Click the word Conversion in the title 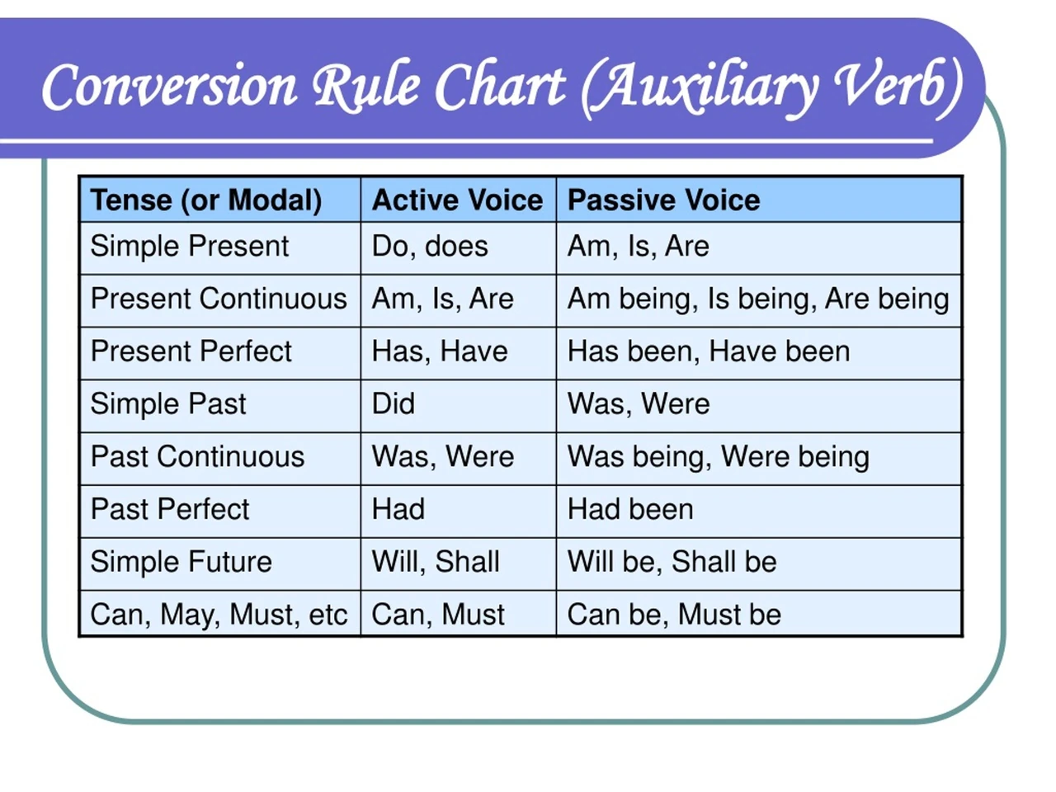pyautogui.click(x=169, y=87)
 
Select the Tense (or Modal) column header pyautogui.click(x=206, y=200)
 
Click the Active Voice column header pyautogui.click(x=457, y=200)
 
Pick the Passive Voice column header pyautogui.click(x=663, y=200)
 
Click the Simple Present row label pyautogui.click(x=190, y=246)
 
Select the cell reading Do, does pyautogui.click(x=430, y=246)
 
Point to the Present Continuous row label pyautogui.click(x=219, y=299)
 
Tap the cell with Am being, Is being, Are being pyautogui.click(x=758, y=299)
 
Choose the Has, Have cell pyautogui.click(x=440, y=351)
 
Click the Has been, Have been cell pyautogui.click(x=709, y=351)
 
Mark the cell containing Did pyautogui.click(x=393, y=403)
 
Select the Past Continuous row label pyautogui.click(x=197, y=456)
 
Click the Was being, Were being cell pyautogui.click(x=719, y=457)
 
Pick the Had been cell pyautogui.click(x=630, y=509)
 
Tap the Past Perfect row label pyautogui.click(x=170, y=509)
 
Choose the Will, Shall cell pyautogui.click(x=436, y=562)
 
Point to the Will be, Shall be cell pyautogui.click(x=672, y=562)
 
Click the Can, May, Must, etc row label pyautogui.click(x=219, y=615)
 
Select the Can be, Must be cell pyautogui.click(x=675, y=615)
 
